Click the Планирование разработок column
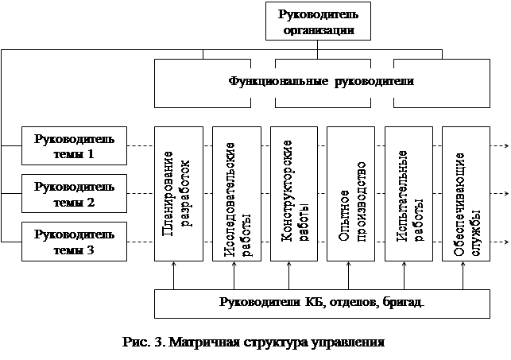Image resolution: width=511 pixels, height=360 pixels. (x=177, y=195)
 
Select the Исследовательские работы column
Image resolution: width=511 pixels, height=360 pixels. (x=234, y=195)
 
